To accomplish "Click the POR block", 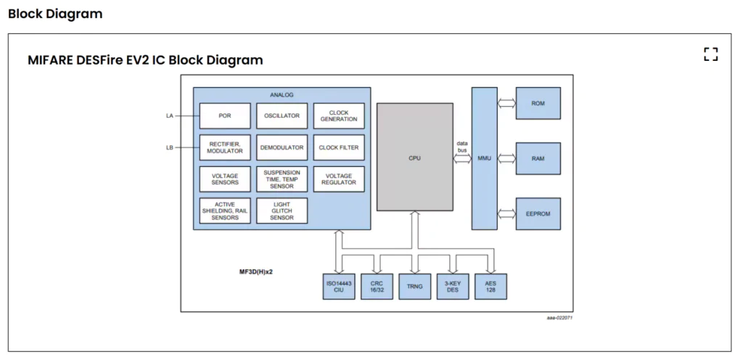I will tap(225, 116).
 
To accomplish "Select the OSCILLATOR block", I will tap(282, 116).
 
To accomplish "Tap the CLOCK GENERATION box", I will tap(339, 116).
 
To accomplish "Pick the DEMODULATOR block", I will tap(282, 147).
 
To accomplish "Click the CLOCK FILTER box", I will tap(339, 147).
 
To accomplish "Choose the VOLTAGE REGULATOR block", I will tap(339, 179).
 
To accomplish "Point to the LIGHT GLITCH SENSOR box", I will tap(282, 211).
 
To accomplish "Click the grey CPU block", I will tap(414, 157).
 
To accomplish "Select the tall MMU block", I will tap(484, 157).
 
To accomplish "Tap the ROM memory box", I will tap(538, 104).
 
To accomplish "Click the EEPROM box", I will tap(538, 214).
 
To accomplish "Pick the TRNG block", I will tap(414, 287).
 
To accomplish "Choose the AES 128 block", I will tap(490, 287).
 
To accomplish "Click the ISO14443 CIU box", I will tap(339, 287).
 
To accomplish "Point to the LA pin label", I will tap(169, 116).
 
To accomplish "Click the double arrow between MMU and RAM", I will tap(506, 158).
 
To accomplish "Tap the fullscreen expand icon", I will tap(710, 54).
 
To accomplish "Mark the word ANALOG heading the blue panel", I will tap(282, 95).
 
